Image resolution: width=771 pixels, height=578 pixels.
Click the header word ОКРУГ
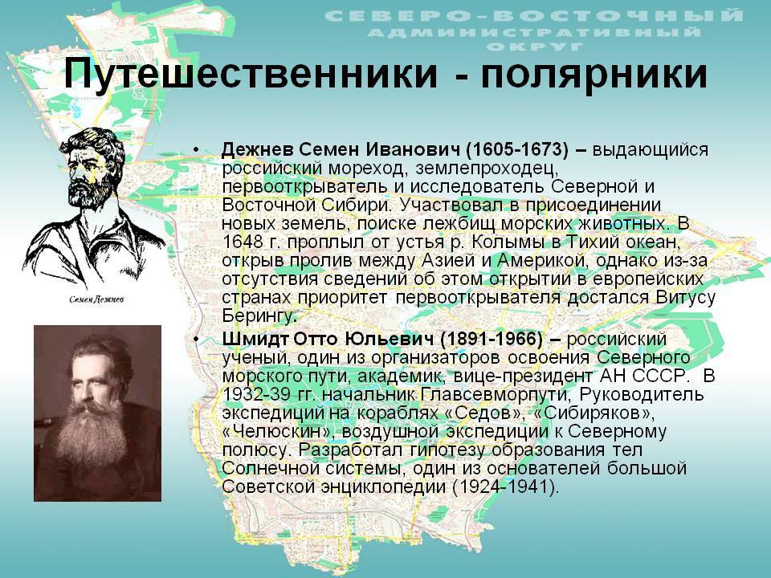(535, 47)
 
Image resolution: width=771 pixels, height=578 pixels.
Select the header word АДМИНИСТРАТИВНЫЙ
(534, 32)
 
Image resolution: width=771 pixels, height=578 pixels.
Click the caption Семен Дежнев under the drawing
(96, 299)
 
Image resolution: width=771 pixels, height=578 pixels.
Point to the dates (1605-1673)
(516, 149)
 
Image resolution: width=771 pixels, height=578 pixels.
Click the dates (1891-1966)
(491, 339)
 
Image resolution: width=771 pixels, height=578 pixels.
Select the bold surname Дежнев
(257, 149)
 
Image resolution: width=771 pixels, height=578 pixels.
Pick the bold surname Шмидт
(255, 339)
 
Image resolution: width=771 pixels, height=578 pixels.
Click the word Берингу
(258, 316)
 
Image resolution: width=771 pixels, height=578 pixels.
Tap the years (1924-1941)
(503, 486)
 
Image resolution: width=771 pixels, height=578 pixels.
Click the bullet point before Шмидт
(197, 339)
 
